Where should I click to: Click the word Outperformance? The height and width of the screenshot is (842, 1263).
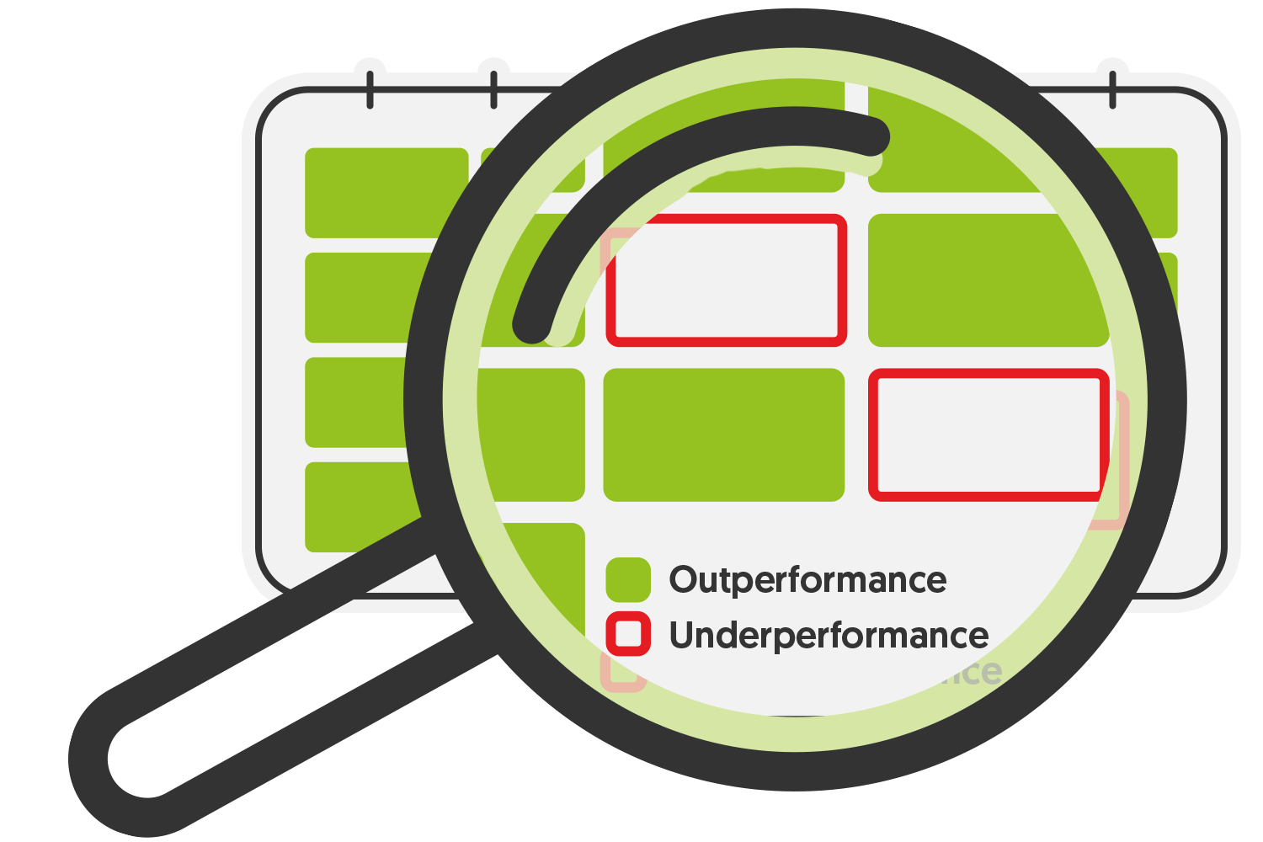point(807,580)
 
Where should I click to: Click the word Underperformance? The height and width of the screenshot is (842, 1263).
point(829,636)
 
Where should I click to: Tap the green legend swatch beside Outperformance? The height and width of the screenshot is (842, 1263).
point(628,579)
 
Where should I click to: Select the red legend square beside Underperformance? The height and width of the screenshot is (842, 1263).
point(628,634)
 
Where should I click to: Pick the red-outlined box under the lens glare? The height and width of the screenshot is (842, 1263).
point(726,280)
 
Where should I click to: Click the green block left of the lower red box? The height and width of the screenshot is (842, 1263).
point(723,434)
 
